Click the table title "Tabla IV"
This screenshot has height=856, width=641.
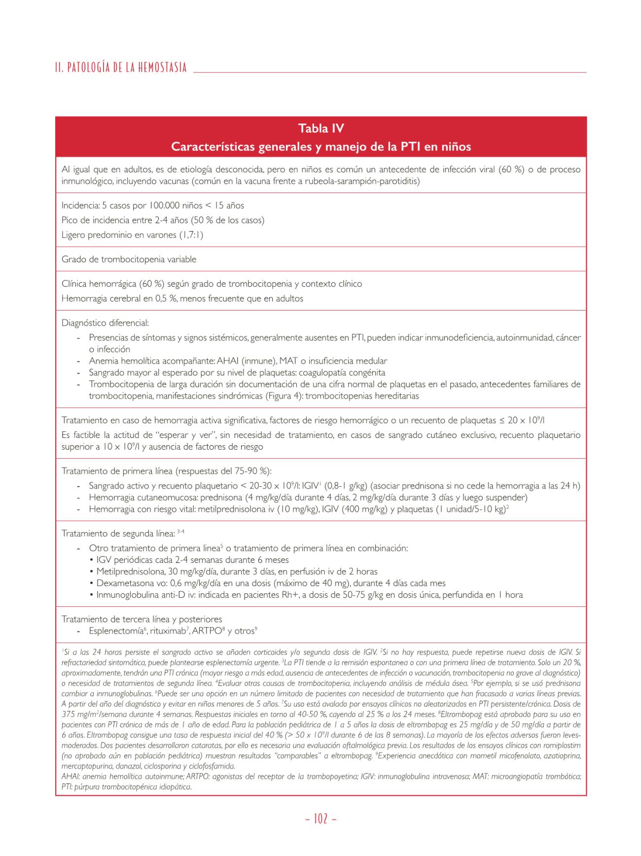(321, 129)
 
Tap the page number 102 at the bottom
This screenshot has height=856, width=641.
(321, 818)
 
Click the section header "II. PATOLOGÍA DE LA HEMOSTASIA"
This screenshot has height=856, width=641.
(121, 68)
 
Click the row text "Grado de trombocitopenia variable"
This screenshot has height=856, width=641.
(129, 259)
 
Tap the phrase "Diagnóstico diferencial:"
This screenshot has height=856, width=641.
(105, 323)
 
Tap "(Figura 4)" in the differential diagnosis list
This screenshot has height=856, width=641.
(285, 396)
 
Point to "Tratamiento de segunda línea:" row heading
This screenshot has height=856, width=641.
(118, 534)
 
